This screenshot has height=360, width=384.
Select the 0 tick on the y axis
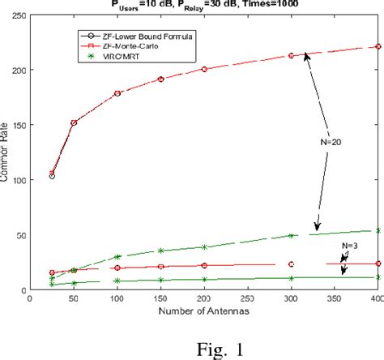pos(23,290)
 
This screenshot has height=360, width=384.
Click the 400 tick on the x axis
pos(375,299)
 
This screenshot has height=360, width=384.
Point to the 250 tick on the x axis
pos(204,299)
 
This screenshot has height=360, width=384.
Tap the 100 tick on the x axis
pos(117,299)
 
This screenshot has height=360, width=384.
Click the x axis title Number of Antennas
pos(203,311)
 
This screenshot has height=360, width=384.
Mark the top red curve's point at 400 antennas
pos(378,47)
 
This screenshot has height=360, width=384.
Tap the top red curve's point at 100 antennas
pos(117,93)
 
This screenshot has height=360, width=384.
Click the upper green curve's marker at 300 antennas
pos(290,236)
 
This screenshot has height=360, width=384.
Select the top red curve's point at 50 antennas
pos(74,123)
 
